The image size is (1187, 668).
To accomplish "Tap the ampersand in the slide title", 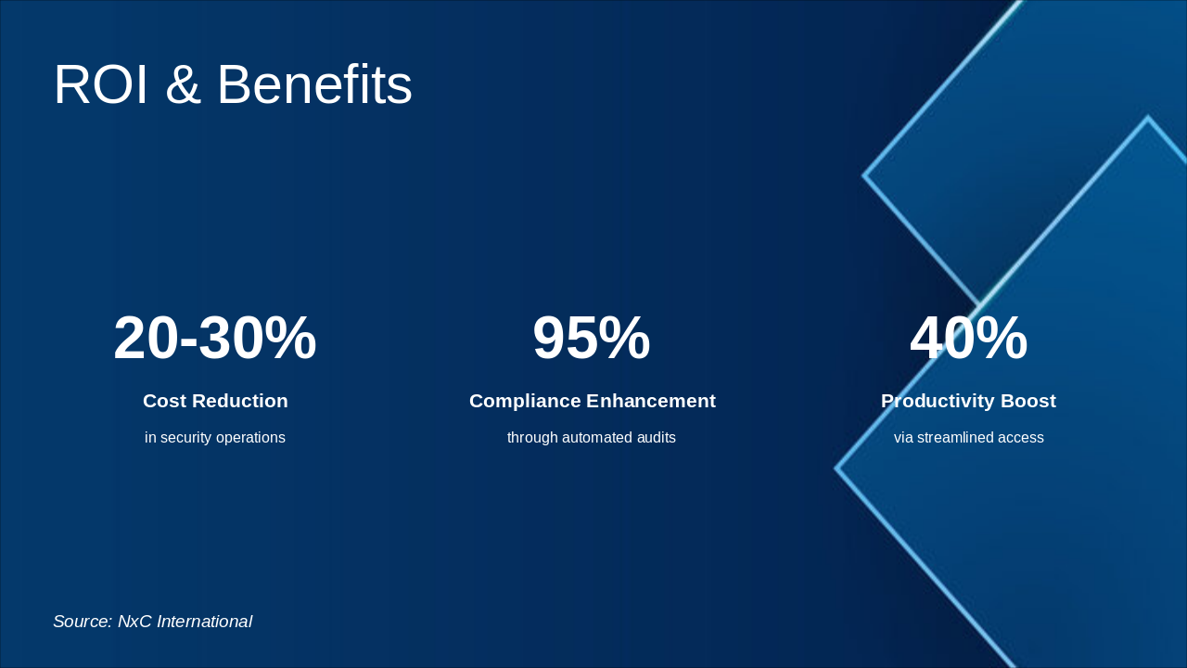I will coord(183,85).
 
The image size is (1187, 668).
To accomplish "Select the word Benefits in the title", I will coord(314,85).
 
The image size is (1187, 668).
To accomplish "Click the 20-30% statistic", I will coord(215,339).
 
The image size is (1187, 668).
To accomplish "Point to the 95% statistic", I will coord(592,339).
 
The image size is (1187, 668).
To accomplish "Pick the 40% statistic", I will coord(968,339).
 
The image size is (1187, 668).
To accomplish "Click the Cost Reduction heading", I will coord(215,401).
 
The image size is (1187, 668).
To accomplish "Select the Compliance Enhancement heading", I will coord(592,401).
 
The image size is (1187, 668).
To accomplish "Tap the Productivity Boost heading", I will coord(968,401).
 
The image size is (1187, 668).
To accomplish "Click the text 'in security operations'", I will coord(215,438).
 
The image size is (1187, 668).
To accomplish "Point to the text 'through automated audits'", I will coord(592,438).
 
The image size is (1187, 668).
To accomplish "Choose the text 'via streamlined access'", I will coord(968,438).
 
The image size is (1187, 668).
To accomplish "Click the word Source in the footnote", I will coord(82,622).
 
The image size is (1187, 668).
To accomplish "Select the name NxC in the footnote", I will coord(134,622).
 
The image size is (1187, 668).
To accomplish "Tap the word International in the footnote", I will coord(204,622).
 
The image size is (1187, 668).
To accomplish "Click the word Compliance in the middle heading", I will coord(525,401).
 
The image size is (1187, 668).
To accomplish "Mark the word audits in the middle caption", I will coord(654,438).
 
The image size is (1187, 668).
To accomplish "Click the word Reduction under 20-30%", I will coord(241,401).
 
